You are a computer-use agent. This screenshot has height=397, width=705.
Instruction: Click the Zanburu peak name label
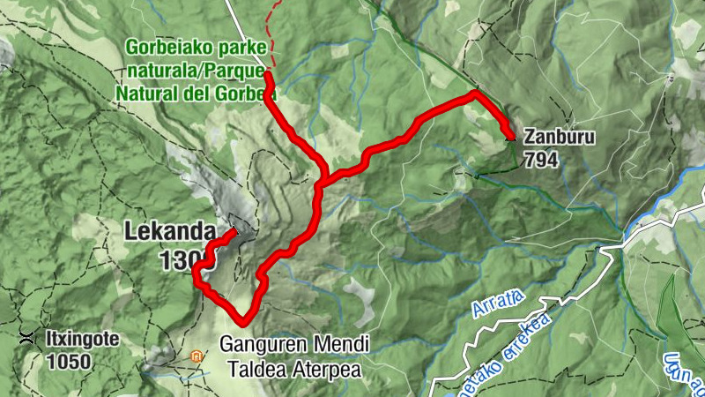[x=559, y=138]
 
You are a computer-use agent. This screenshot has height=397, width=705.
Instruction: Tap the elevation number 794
[x=540, y=160]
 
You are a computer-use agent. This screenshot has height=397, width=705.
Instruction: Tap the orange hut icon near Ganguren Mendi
[x=197, y=356]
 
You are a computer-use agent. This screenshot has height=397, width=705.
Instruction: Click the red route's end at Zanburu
[x=510, y=136]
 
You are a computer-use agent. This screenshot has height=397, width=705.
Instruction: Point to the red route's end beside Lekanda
[x=234, y=232]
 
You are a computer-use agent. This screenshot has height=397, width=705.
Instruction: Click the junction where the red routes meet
[x=323, y=181]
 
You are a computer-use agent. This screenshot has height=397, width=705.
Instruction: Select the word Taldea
[x=256, y=370]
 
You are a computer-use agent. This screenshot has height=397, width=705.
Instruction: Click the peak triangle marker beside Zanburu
[x=510, y=137]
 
